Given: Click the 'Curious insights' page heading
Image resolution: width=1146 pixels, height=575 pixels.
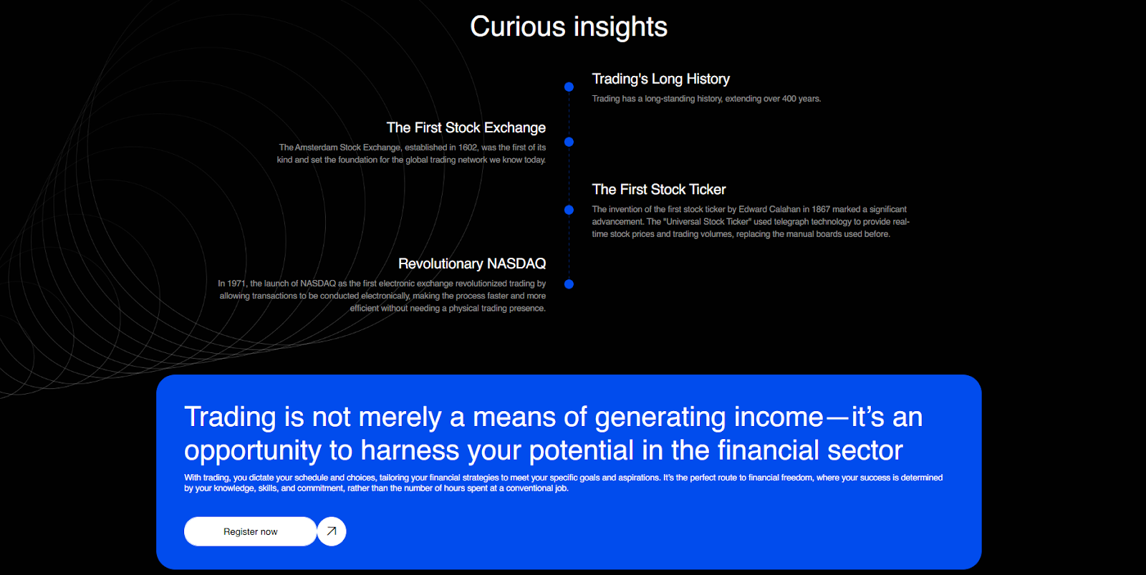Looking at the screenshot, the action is point(569,26).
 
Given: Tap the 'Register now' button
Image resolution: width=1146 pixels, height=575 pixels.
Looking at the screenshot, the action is point(250,531).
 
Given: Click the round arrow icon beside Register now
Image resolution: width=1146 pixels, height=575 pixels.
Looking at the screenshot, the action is point(332,531).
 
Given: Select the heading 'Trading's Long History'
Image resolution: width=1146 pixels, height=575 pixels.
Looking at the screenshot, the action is point(660,79).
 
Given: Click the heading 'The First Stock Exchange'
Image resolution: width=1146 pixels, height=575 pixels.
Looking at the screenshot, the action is point(466,127).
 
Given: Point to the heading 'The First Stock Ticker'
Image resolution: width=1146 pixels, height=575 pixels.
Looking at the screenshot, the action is point(659,189).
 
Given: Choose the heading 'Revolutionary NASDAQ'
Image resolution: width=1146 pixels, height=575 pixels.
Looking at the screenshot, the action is point(472,264).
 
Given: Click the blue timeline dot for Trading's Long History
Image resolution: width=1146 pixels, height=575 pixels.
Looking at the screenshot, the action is point(569,87).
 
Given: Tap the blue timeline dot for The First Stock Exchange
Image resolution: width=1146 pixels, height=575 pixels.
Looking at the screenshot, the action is point(569,142).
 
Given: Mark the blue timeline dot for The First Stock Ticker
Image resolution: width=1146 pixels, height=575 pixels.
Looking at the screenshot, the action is point(569,210).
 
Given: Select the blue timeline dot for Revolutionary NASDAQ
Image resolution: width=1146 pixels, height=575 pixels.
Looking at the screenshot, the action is point(569,284).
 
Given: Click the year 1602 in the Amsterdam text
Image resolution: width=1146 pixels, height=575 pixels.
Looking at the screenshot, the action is point(468,148).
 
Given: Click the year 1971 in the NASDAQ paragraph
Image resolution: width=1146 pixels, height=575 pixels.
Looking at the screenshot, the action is point(236,284).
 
